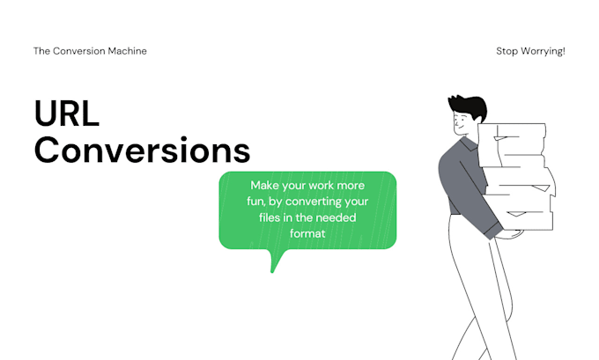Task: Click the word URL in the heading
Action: tap(67, 114)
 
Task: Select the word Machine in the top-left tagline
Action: tap(126, 51)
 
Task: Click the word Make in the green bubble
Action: tap(265, 186)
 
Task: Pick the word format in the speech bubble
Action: tap(307, 234)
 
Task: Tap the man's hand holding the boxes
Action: tap(508, 234)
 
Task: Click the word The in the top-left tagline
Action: tap(41, 51)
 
